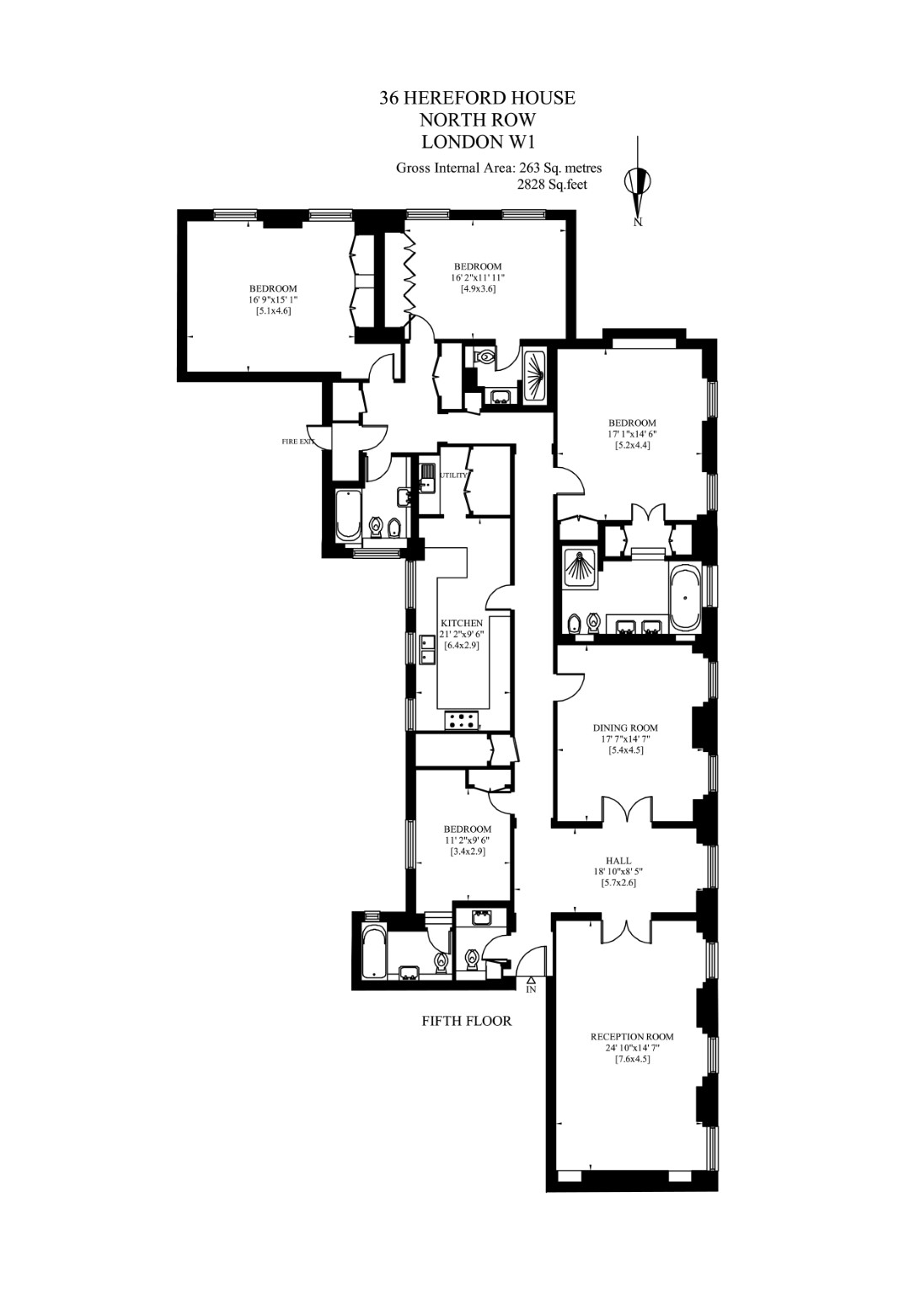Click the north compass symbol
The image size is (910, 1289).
[x=638, y=181]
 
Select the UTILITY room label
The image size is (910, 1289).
[x=453, y=475]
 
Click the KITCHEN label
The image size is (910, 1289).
[x=462, y=623]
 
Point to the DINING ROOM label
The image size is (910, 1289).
[x=625, y=728]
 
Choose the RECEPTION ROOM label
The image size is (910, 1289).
[x=632, y=1036]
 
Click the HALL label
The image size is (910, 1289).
[x=624, y=861]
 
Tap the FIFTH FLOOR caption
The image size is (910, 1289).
[x=467, y=1021]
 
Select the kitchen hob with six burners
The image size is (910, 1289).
[x=462, y=720]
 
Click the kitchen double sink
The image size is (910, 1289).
[x=428, y=651]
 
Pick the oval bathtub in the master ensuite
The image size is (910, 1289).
[x=683, y=599]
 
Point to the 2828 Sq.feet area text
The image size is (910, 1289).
[x=552, y=184]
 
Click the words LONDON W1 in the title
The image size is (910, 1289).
[x=478, y=140]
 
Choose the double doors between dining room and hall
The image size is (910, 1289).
[x=626, y=809]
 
